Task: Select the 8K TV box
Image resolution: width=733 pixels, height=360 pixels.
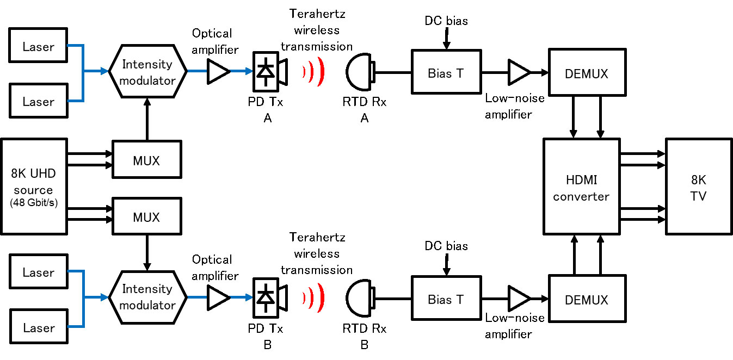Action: pos(698,186)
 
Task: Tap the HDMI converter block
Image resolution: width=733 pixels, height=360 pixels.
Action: pos(581,186)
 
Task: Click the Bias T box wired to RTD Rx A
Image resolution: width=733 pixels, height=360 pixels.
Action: pos(446,71)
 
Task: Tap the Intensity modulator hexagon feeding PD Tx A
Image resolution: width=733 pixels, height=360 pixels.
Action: pos(147,71)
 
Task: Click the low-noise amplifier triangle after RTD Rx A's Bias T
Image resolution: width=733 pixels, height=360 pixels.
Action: pos(518,71)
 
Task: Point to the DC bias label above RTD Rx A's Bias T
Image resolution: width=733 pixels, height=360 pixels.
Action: pos(446,21)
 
